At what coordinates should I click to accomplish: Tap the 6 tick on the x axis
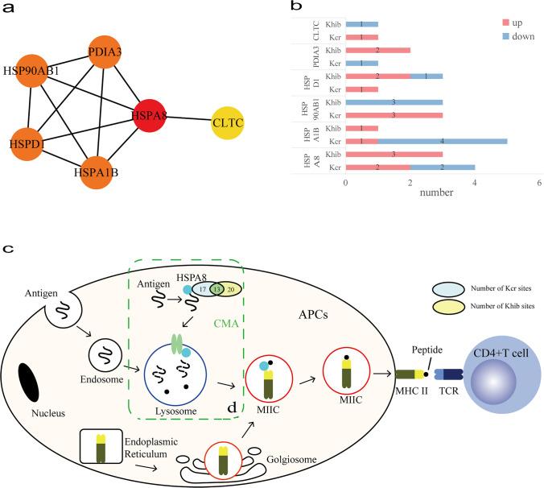(x=538, y=184)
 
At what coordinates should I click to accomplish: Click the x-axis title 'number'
(x=442, y=194)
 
